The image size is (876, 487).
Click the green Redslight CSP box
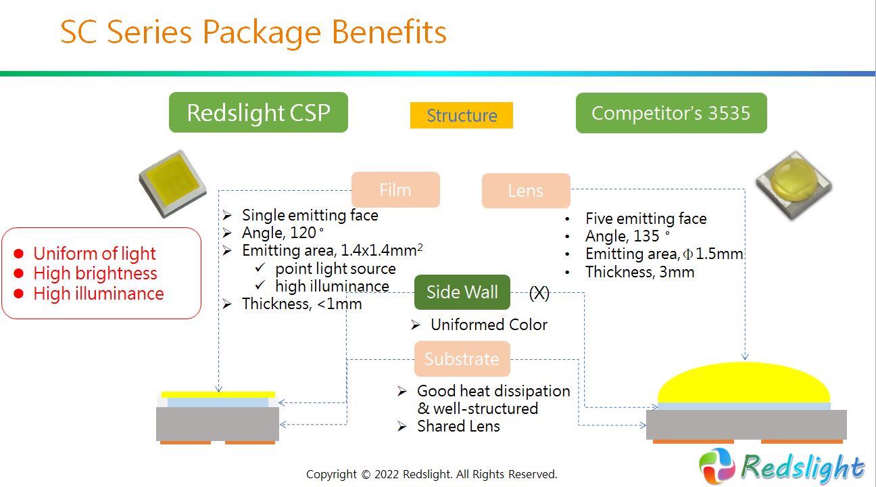(258, 112)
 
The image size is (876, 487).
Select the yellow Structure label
(462, 116)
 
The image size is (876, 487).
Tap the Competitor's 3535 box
(671, 113)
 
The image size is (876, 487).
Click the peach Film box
(395, 190)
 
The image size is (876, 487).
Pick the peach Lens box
(526, 191)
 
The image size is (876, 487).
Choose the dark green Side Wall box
(462, 292)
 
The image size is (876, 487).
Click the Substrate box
(462, 358)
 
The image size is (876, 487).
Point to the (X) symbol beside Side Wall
(539, 292)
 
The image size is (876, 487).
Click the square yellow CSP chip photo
(172, 183)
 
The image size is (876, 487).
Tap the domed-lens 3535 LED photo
(794, 186)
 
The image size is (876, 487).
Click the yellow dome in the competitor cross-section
(744, 383)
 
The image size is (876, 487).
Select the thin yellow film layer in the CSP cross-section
(218, 394)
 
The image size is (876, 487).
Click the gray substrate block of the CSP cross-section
(218, 424)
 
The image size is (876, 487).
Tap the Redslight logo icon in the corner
(717, 466)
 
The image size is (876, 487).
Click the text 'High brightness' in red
(95, 273)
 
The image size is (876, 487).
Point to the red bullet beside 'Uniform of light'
(18, 254)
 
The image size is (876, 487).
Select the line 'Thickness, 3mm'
(640, 272)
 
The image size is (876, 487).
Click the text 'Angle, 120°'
(283, 233)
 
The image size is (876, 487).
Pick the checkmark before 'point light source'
(260, 268)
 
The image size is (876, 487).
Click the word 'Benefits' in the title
(389, 32)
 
